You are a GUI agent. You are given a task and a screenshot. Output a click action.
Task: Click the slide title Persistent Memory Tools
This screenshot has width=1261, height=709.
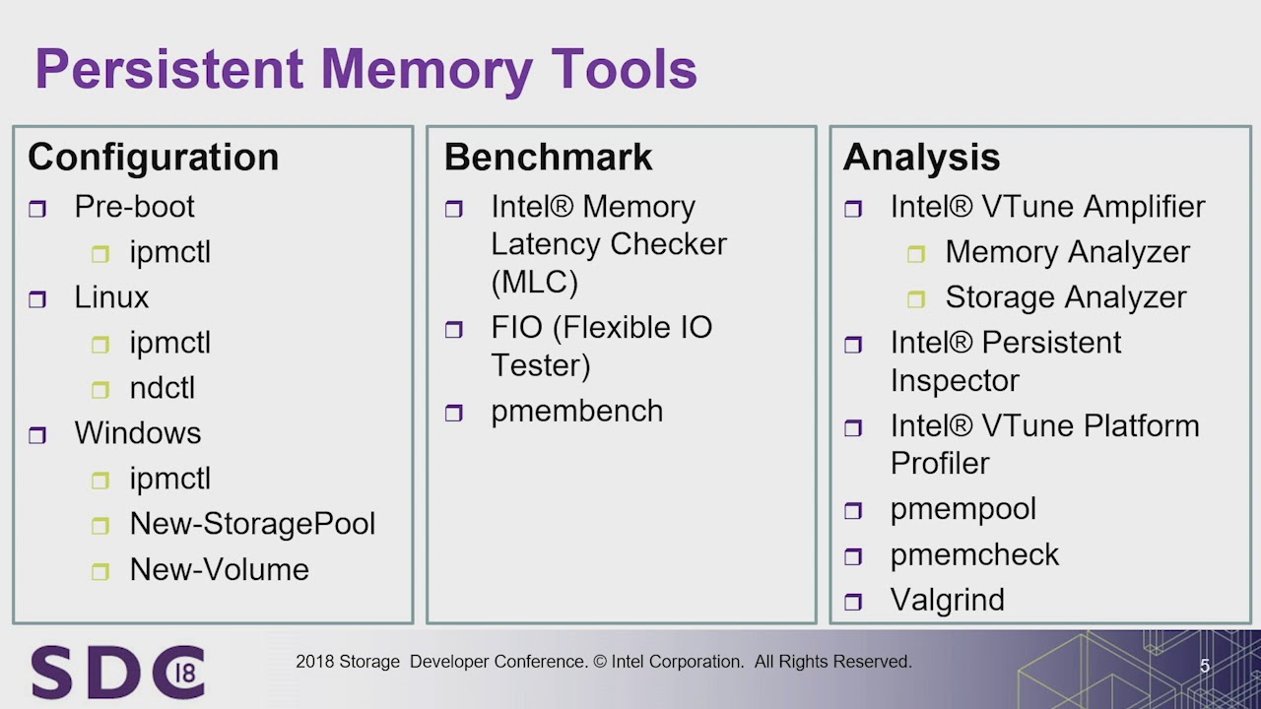coord(365,70)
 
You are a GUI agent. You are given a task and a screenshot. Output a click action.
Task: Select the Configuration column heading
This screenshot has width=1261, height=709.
coord(153,158)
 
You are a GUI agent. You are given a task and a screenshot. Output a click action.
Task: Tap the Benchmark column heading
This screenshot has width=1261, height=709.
coord(548,158)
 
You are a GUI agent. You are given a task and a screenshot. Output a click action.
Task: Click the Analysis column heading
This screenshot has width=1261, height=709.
coord(921,158)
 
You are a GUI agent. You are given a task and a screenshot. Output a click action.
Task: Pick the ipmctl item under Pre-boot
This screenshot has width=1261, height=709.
coord(169,252)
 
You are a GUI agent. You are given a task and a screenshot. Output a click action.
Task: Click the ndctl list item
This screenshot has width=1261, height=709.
coord(162,388)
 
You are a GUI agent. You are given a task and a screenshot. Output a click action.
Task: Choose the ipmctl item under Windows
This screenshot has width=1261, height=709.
coord(169,479)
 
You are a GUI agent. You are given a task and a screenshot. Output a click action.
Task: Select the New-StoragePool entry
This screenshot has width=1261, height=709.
coord(252,524)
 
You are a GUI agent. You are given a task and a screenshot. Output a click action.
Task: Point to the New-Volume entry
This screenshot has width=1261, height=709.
coord(219,569)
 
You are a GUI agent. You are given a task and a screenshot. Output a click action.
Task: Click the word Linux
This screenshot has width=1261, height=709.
coord(111,297)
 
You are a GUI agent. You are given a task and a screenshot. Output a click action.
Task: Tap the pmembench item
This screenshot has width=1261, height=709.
coord(576,411)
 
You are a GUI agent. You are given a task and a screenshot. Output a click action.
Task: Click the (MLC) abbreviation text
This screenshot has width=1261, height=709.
coord(534,283)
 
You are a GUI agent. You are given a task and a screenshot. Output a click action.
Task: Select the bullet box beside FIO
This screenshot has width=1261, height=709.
coord(453,330)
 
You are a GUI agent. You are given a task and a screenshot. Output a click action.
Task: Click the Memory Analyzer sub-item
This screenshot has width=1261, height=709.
coord(1067,252)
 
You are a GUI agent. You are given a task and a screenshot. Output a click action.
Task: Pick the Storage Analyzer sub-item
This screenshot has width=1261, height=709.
coord(1065,297)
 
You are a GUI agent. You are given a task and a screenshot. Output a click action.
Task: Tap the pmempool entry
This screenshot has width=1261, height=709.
coord(962,509)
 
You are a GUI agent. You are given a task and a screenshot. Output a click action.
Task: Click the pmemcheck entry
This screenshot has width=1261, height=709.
coord(974,554)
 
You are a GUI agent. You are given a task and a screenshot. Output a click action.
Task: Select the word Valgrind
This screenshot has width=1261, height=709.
coord(947,600)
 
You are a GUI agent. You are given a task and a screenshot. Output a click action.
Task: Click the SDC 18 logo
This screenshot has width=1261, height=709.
coord(117,672)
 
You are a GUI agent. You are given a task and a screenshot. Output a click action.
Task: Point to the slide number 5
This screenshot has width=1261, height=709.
coord(1204,667)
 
